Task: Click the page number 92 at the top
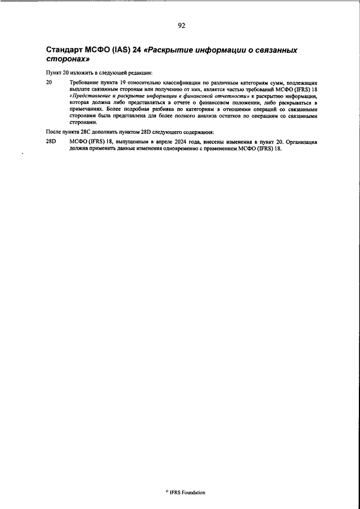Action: pyautogui.click(x=181, y=25)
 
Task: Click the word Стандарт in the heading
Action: pyautogui.click(x=67, y=51)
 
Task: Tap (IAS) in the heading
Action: pyautogui.click(x=123, y=51)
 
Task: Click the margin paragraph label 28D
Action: pyautogui.click(x=51, y=142)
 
